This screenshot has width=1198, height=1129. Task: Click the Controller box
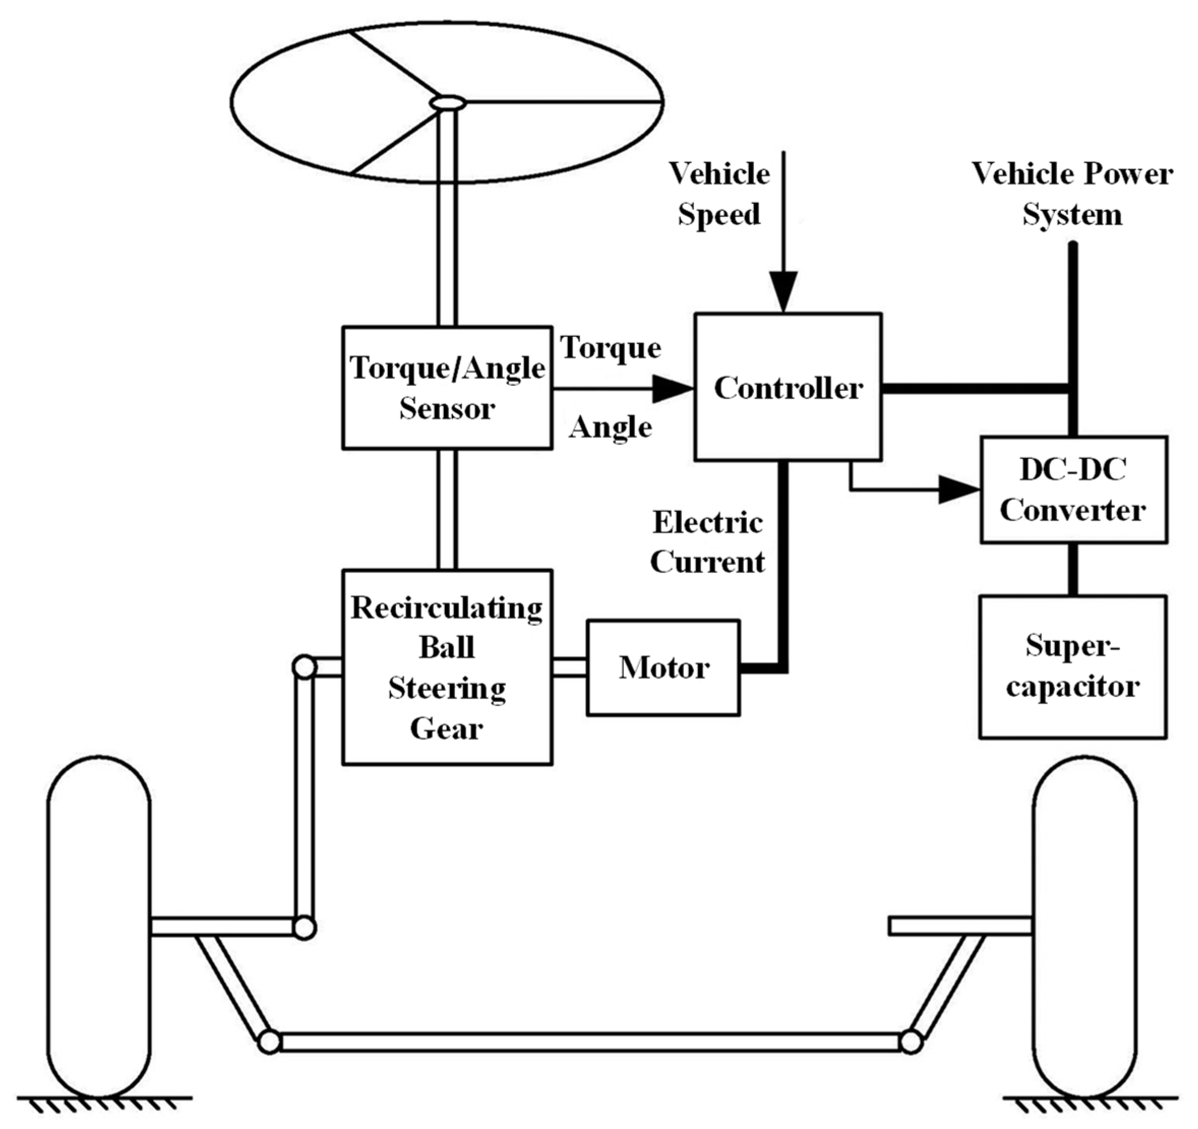788,387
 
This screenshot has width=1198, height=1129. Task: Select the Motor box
663,668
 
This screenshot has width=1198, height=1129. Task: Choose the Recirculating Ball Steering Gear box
447,668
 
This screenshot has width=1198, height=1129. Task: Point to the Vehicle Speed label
719,194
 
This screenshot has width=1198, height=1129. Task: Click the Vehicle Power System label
1072,194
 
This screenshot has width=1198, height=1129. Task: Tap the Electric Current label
708,542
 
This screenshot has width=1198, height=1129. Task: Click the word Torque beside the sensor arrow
610,348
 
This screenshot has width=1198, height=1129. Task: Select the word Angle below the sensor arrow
610,428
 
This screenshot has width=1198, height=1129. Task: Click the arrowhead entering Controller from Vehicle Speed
784,292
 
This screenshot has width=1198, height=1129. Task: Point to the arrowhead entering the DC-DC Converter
959,490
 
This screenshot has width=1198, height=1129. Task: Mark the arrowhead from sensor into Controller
672,389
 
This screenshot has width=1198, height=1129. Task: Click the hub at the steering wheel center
447,104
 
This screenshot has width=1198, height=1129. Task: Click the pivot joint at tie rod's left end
269,1041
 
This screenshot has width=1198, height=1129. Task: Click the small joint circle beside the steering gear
304,667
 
